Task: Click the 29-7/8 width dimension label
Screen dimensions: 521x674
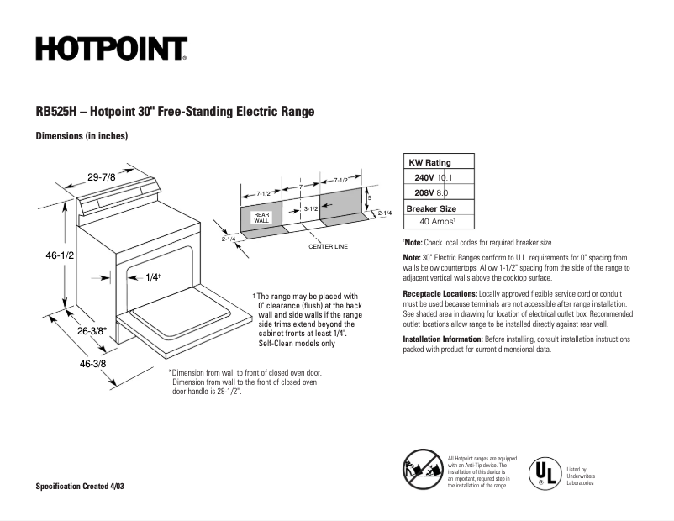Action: (x=102, y=176)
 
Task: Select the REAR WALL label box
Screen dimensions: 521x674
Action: (x=261, y=218)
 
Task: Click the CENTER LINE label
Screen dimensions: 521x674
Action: (x=328, y=247)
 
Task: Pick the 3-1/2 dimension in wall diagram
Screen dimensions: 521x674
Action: (x=310, y=208)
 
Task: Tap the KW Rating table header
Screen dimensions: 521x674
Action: (x=429, y=162)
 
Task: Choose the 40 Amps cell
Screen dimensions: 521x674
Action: (x=437, y=222)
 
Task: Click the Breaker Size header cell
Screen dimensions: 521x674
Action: (x=431, y=208)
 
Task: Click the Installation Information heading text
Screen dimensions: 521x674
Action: (x=443, y=339)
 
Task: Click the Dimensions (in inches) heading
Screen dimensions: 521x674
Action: (x=82, y=136)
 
